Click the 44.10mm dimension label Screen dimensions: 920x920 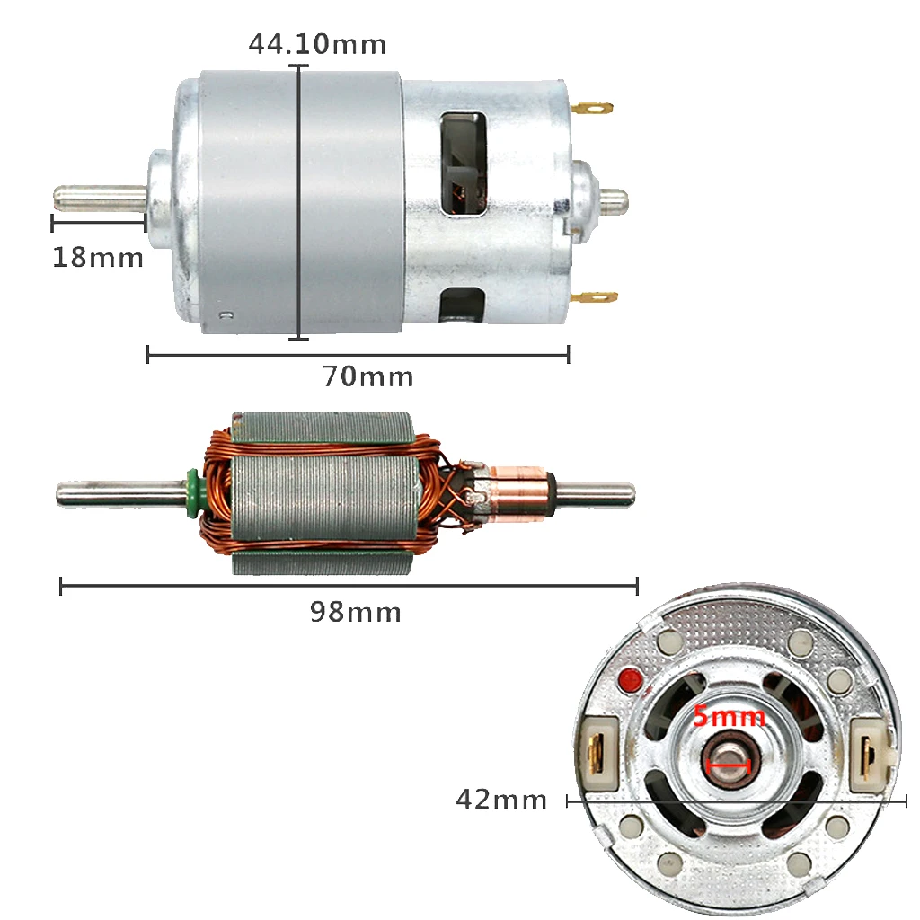click(317, 44)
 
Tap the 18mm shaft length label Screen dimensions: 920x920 click(98, 258)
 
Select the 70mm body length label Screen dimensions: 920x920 click(367, 376)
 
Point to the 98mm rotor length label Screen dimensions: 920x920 click(356, 612)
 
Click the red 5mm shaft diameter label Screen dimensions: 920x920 click(730, 716)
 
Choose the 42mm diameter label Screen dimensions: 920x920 click(501, 800)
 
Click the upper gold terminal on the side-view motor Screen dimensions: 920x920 click(592, 109)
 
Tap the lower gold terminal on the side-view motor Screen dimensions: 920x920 click(594, 296)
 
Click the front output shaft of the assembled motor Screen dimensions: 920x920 click(101, 198)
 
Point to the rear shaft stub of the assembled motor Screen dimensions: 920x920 click(614, 201)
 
